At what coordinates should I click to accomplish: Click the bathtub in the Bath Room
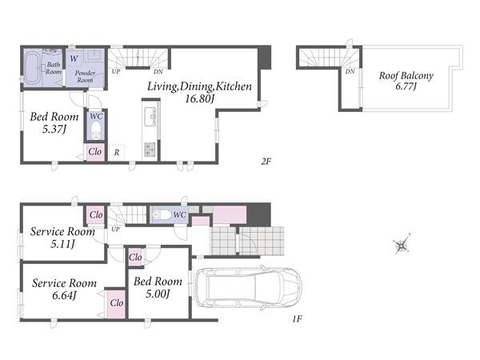32,68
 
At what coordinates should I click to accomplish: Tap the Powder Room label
85,77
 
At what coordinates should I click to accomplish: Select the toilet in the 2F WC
96,130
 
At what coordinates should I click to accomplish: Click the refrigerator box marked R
117,152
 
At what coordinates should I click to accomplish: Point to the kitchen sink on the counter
150,116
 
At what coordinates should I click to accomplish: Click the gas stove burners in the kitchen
150,150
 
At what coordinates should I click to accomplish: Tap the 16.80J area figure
199,98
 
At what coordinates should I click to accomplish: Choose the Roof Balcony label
406,76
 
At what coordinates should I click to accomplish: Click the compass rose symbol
402,246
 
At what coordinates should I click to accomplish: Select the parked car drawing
249,288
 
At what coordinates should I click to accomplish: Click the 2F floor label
266,162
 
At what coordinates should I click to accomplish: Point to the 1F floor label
297,319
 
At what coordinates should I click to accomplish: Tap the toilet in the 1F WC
162,214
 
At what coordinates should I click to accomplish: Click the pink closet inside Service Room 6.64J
116,304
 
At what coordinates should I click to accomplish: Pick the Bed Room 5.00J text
158,287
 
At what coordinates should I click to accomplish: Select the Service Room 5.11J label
62,238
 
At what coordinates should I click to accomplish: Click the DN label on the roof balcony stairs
350,71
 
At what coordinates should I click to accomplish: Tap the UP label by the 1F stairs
115,229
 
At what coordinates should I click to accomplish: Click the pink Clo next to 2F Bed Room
95,152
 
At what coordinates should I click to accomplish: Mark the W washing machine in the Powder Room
74,58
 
